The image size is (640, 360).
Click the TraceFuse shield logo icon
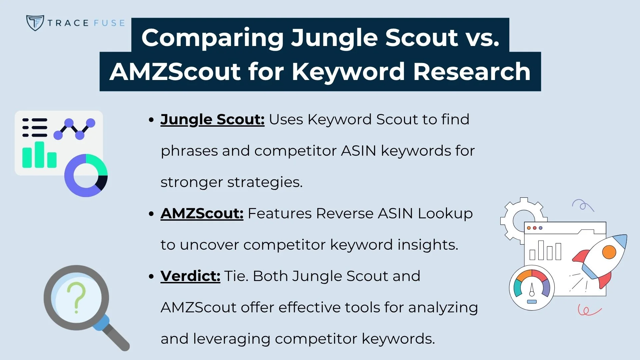(35, 23)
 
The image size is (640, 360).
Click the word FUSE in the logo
(109, 23)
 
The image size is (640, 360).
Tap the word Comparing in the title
(212, 37)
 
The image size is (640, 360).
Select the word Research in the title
(472, 71)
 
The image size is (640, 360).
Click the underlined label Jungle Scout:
(212, 119)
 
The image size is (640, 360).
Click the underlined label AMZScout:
(202, 213)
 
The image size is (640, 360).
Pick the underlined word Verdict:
(190, 276)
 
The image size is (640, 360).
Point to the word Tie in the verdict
(235, 276)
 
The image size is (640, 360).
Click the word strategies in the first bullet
(264, 182)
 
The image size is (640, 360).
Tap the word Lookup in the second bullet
(445, 213)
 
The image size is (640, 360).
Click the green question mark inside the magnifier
(77, 297)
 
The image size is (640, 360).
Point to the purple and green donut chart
(86, 175)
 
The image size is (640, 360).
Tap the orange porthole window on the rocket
(609, 252)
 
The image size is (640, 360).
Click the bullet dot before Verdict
(151, 276)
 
